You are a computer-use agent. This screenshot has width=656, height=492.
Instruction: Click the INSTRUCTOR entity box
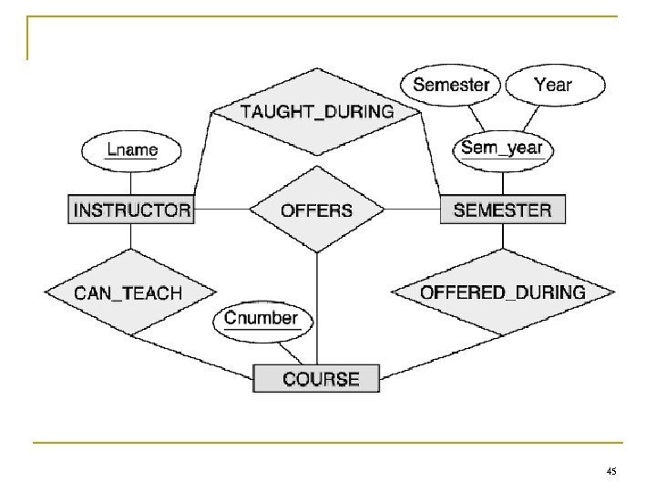pos(131,210)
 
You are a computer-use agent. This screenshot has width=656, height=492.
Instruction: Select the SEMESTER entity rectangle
pos(502,210)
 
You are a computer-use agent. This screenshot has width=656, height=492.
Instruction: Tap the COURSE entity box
pos(320,377)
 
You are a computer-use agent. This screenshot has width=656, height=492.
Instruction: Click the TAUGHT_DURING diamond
pos(316,112)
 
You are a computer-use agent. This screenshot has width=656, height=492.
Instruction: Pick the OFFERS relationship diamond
pos(316,210)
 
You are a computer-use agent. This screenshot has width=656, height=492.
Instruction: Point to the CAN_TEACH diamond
pos(128,292)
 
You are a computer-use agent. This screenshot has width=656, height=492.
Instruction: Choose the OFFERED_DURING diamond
pos(502,292)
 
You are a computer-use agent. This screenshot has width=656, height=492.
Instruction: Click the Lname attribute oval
pos(132,149)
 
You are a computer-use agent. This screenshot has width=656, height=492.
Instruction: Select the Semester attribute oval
pos(451,86)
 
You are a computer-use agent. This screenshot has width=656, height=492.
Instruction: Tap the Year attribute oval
pos(553,86)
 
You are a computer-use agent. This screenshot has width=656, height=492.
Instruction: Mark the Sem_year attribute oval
pos(502,148)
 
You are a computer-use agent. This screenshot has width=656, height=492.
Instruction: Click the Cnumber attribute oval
pos(261,319)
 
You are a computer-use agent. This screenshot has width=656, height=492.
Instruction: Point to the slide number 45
pos(610,470)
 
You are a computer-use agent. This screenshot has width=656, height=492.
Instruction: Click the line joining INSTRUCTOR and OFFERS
pos(220,210)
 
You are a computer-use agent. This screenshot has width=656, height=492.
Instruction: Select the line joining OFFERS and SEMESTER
pos(411,210)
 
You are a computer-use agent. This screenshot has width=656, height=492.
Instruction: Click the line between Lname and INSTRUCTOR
pos(132,181)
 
